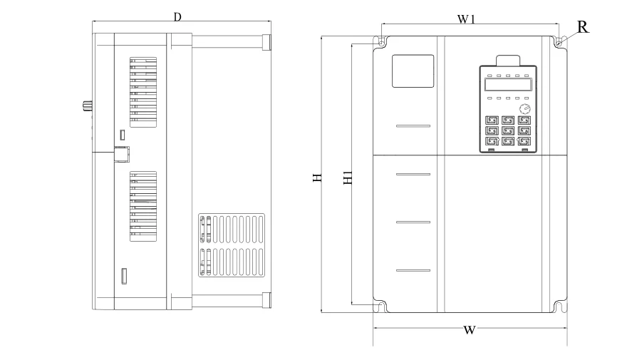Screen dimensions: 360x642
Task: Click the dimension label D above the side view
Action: pos(177,16)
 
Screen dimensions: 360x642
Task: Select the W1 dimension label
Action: pos(466,19)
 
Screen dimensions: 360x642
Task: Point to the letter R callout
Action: pos(582,27)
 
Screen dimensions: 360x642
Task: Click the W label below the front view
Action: pos(469,330)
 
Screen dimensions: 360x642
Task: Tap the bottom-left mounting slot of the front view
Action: pos(381,307)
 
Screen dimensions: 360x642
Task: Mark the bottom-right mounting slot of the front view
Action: pos(559,307)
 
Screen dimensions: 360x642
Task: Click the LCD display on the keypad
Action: pos(507,85)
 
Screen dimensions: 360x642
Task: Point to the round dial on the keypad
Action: pos(525,109)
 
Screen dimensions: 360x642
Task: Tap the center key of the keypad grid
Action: pos(507,131)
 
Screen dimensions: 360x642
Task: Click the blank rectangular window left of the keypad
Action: pos(413,71)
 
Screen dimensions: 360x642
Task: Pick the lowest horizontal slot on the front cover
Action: pos(413,271)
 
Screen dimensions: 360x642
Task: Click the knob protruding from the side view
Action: pos(88,106)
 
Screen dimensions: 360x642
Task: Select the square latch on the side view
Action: pos(121,153)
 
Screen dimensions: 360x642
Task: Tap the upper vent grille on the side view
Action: pos(143,92)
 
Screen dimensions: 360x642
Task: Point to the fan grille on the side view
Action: pos(232,246)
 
